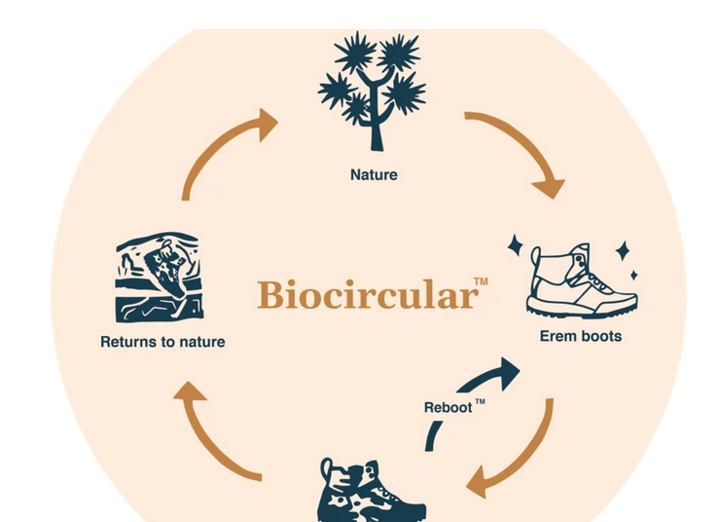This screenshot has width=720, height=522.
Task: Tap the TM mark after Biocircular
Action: (x=481, y=282)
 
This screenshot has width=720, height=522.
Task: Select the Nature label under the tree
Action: (x=374, y=175)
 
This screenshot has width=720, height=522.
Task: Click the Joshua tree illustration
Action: (x=373, y=88)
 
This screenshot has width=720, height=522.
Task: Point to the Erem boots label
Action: (x=580, y=337)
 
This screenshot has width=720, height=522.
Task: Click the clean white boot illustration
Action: (x=580, y=282)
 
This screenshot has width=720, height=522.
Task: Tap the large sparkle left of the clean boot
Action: (x=517, y=245)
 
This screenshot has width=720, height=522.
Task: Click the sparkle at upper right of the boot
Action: (x=623, y=250)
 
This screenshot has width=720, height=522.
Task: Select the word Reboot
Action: (x=448, y=408)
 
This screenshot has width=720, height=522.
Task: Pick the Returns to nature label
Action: (x=162, y=342)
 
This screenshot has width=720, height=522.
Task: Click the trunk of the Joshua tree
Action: (x=376, y=131)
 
